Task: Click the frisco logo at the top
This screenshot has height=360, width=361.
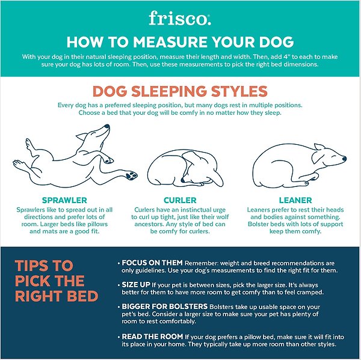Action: [179, 18]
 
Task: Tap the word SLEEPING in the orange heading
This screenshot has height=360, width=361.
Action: [169, 91]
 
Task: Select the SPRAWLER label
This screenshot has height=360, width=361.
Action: [64, 200]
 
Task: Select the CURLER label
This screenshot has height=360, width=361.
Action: [180, 200]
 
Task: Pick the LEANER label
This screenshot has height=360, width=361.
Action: [295, 200]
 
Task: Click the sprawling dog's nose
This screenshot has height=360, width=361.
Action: [107, 126]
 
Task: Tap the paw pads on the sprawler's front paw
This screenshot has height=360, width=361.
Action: [131, 175]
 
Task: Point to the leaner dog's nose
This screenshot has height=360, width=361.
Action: [344, 159]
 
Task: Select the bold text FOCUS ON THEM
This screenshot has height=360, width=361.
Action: [152, 263]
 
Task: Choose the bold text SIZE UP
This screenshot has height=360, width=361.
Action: [136, 285]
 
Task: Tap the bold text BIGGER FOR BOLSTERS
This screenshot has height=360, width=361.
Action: [165, 307]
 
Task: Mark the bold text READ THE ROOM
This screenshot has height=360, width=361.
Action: [152, 337]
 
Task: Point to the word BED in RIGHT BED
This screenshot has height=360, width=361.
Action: [84, 296]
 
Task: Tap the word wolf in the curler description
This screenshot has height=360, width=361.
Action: [222, 217]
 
